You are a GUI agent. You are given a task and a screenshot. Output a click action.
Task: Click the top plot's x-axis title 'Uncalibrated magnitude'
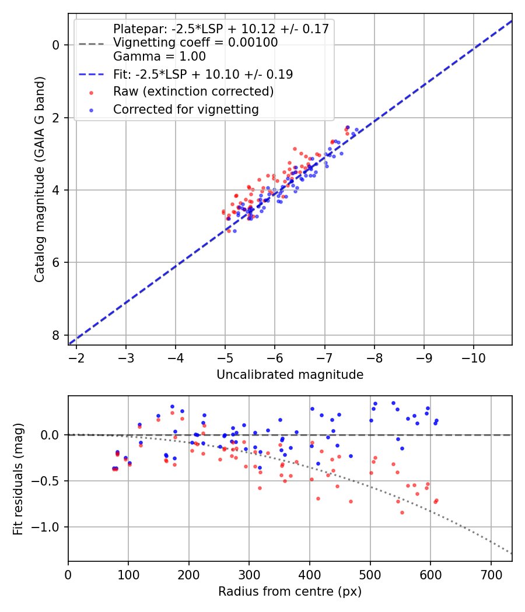coord(290,375)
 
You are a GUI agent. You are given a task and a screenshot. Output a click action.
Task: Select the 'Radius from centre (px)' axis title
coord(290,592)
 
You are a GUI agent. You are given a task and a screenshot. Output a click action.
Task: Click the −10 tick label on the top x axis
coord(473,357)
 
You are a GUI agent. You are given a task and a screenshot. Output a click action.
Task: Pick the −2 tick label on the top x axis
coord(76,357)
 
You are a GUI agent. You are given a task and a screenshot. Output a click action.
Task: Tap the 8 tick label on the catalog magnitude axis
coord(56,335)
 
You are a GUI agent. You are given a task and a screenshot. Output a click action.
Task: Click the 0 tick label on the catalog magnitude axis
coord(56,45)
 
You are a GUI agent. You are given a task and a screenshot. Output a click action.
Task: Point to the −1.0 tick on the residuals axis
coord(49,527)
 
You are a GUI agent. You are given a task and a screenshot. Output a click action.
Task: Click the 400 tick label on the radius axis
coord(310,574)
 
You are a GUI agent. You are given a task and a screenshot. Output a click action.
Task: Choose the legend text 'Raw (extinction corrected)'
coord(193,92)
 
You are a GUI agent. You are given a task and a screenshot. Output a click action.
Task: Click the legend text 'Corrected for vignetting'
coord(185,109)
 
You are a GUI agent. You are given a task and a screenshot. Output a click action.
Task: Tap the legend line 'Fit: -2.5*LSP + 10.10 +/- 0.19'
coord(203,74)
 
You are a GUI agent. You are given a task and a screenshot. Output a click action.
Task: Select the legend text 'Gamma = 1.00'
coord(159,57)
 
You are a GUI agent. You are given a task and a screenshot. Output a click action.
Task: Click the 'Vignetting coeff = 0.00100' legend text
coord(195,43)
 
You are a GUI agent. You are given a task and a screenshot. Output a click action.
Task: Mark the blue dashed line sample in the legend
coord(92,75)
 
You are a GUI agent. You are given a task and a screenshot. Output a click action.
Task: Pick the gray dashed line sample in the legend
coord(92,43)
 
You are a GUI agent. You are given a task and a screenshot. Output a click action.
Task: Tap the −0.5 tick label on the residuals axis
coord(49,481)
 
